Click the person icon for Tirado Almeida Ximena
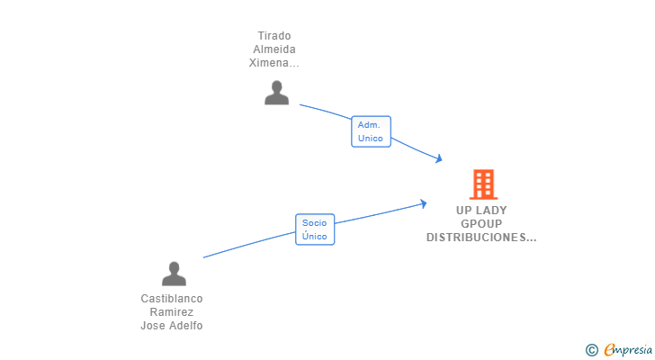tap(276, 93)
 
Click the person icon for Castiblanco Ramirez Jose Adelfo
tap(174, 274)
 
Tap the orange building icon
tap(483, 184)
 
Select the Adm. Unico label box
tap(371, 131)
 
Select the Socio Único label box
tap(315, 229)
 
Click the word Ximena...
tap(272, 63)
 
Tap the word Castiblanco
tap(172, 299)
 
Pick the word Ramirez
tap(172, 312)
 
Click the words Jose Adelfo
tap(172, 326)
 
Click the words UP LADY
tap(481, 211)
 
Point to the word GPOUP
tap(481, 224)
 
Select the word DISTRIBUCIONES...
tap(478, 238)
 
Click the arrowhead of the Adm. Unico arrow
tap(439, 159)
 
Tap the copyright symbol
tap(591, 349)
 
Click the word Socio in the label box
tap(314, 222)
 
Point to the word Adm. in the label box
tap(369, 124)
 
